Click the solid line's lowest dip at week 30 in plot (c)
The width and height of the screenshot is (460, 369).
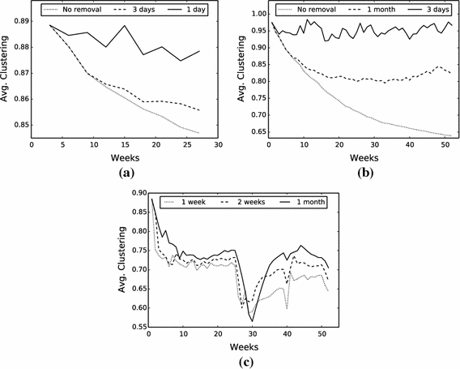tap(252, 321)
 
